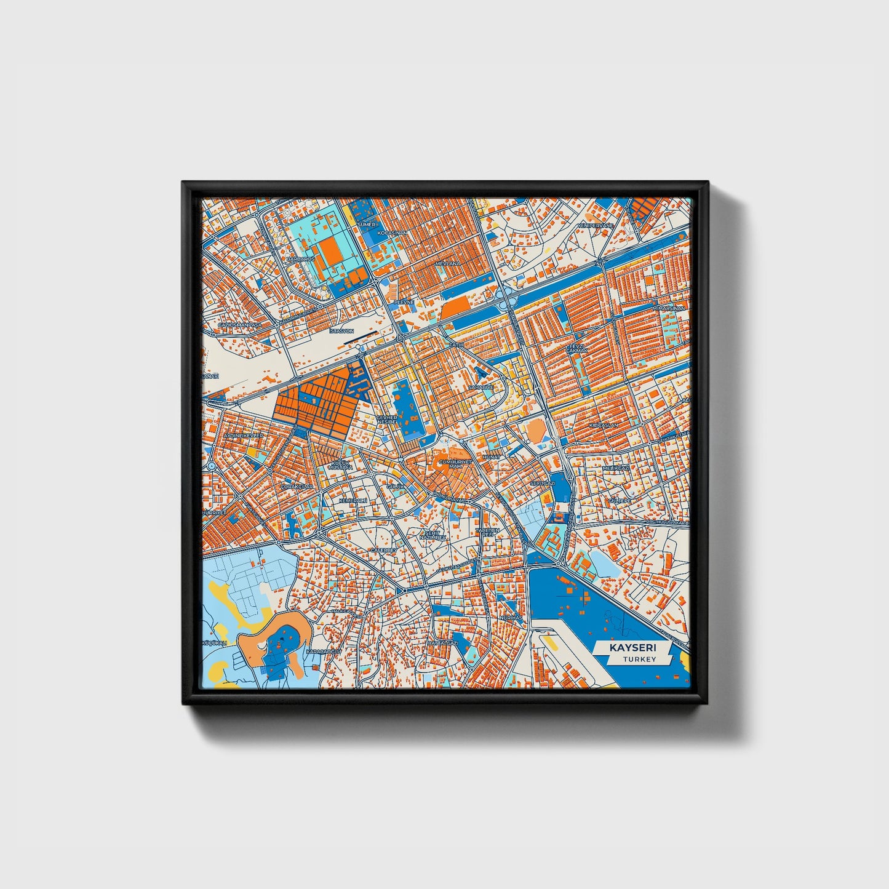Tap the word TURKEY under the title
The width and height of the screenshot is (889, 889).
pos(639,660)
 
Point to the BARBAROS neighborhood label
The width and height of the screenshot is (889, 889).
pos(301,259)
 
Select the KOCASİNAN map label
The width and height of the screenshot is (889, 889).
pos(391,233)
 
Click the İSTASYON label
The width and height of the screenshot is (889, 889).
pos(342,331)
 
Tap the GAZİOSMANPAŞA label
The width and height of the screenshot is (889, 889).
pos(240,324)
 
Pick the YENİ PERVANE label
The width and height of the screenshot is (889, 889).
pos(595,226)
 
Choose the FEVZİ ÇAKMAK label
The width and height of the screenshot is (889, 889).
pos(578,349)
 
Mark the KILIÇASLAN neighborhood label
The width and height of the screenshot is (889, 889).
pos(603,425)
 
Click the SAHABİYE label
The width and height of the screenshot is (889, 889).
pos(481,388)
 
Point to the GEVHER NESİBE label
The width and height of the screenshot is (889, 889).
pos(387,420)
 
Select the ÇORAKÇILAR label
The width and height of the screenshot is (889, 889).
pos(297,487)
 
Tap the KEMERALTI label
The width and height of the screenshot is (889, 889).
pos(353,501)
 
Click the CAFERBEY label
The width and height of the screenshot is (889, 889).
pos(384,550)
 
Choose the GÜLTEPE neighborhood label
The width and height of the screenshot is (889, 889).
pos(619,501)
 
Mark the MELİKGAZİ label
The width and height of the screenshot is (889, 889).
pos(616,468)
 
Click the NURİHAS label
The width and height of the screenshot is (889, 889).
pos(511,617)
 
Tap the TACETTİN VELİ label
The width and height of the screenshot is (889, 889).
pos(487,532)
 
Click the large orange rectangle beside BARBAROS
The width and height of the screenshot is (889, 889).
pos(330,252)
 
